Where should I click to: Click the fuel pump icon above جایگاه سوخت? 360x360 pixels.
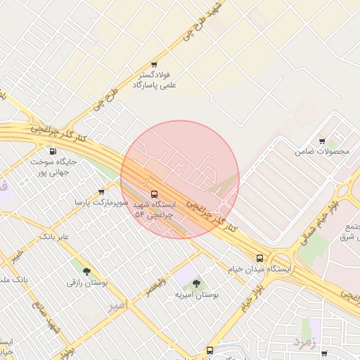click(53, 150)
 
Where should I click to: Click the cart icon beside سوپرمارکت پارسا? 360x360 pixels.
click(102, 191)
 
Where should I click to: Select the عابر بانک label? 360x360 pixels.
click(55, 236)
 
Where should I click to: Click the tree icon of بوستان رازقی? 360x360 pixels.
click(86, 271)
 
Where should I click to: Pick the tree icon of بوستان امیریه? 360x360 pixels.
click(196, 283)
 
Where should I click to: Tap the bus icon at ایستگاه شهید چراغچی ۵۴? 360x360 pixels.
click(154, 193)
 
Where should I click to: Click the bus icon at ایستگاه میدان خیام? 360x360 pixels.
click(260, 258)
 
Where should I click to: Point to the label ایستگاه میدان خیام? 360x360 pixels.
click(259, 269)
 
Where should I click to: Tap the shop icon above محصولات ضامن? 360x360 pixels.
click(322, 141)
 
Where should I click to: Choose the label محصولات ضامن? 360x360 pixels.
click(322, 151)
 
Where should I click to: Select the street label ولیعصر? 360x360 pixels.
click(156, 288)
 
